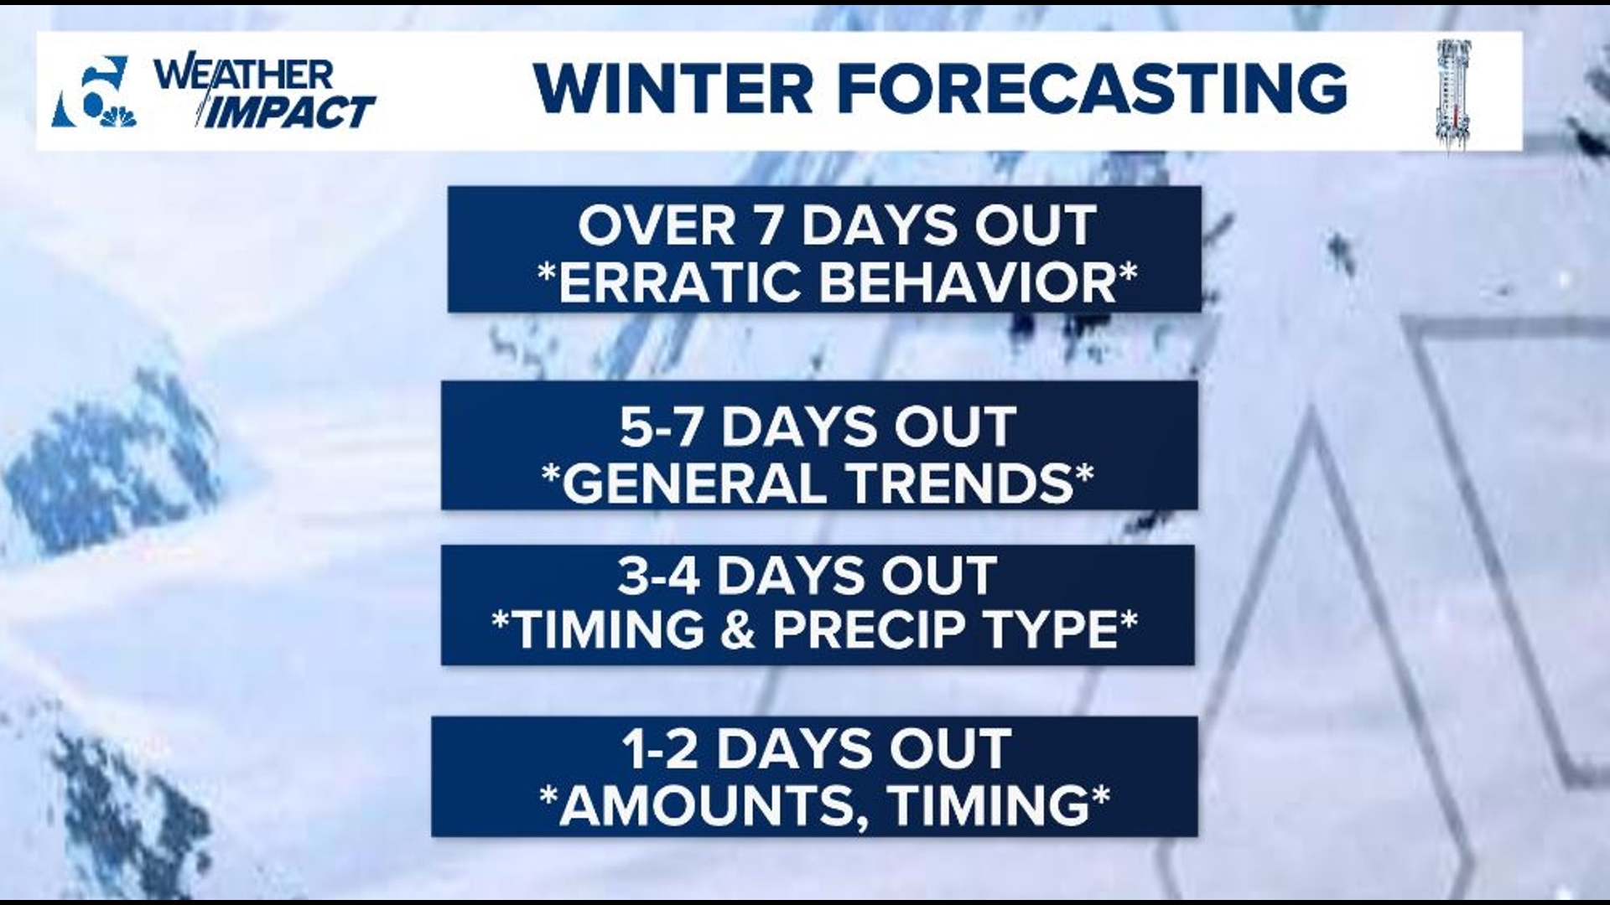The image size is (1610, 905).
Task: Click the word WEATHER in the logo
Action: coord(243,75)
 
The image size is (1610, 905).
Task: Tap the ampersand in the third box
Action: coord(737,630)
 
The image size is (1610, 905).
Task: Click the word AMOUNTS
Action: coord(713,805)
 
